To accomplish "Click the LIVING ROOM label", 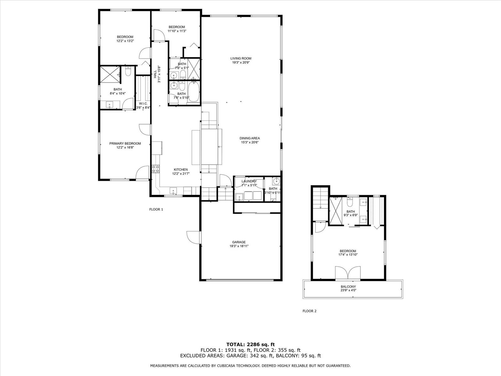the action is coord(240,59).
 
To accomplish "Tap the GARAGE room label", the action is coord(239,242).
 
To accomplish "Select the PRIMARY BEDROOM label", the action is coord(125,144).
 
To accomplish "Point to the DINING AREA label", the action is coord(250,138).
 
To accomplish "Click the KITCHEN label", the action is coord(181,170).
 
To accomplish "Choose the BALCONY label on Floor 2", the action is coord(348,287).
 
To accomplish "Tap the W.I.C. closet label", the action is coord(143,104).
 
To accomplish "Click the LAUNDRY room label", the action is coord(249,181).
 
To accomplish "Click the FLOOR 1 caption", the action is coord(156,209).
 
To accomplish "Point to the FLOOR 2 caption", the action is coord(309,311).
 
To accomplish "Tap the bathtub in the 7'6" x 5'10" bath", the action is coord(194,92).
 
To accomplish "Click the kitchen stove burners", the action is coord(156,169).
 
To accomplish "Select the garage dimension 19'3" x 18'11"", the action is coord(239,246).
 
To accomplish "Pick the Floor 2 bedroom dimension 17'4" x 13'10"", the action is coord(348,254).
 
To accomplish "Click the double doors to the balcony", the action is coord(348,273).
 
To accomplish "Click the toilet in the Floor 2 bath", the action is coord(350,202).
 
